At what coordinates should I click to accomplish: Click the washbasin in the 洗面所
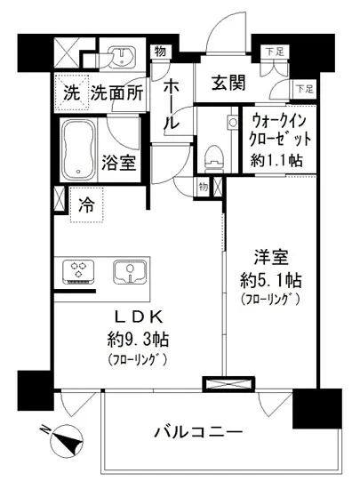point(116,54)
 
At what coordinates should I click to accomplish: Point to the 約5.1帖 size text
point(272,279)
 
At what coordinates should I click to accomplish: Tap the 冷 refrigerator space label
point(86,203)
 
